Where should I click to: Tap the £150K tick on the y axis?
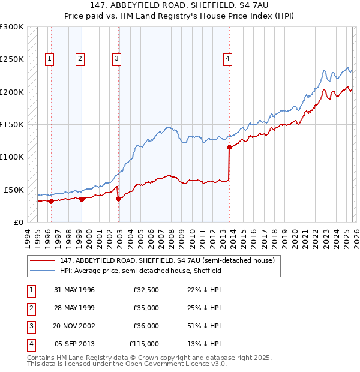12,125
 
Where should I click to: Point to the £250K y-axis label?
12,59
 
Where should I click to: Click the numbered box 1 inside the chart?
49,58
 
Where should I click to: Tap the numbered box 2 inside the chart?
80,58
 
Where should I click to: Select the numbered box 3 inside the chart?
116,58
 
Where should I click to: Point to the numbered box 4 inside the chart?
228,58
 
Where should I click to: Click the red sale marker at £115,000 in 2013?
229,147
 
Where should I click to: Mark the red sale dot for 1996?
51,201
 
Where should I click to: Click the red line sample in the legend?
43,260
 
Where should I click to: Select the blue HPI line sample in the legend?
43,271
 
